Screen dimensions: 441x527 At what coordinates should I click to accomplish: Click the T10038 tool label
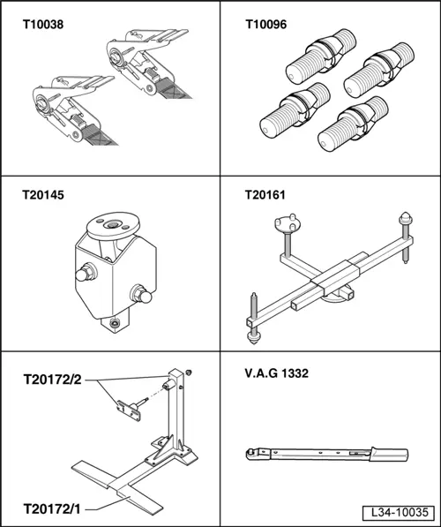point(43,25)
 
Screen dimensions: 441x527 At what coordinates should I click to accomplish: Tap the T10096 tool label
point(266,25)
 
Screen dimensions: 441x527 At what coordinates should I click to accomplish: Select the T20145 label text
point(43,195)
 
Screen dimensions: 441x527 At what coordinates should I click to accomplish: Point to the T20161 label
point(265,195)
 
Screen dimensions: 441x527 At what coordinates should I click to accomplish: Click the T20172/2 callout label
point(52,380)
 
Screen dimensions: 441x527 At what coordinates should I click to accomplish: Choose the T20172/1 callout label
point(52,508)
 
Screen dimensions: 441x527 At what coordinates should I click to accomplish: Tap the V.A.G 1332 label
point(276,373)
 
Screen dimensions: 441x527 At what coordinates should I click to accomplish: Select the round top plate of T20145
point(113,225)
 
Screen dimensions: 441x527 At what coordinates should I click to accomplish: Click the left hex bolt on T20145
point(86,274)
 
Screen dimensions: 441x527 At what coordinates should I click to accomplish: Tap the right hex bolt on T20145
point(141,295)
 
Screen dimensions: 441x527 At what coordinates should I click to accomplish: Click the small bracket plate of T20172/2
point(128,410)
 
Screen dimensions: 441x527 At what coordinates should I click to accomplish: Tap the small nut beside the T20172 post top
point(189,373)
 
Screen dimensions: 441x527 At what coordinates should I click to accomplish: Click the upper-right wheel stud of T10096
point(379,70)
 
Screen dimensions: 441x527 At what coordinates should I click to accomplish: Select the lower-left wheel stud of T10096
point(295,110)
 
